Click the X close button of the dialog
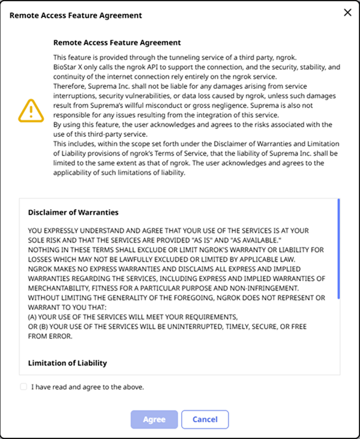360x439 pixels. coord(347,13)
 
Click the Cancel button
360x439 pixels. coord(205,419)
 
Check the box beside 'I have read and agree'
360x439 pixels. coord(23,387)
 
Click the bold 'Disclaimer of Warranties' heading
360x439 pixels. coord(73,212)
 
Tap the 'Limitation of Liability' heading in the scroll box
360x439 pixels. coord(68,363)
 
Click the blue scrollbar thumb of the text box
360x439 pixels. coord(338,249)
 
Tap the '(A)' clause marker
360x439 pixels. coord(34,316)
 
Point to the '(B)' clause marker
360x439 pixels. coord(44,325)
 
